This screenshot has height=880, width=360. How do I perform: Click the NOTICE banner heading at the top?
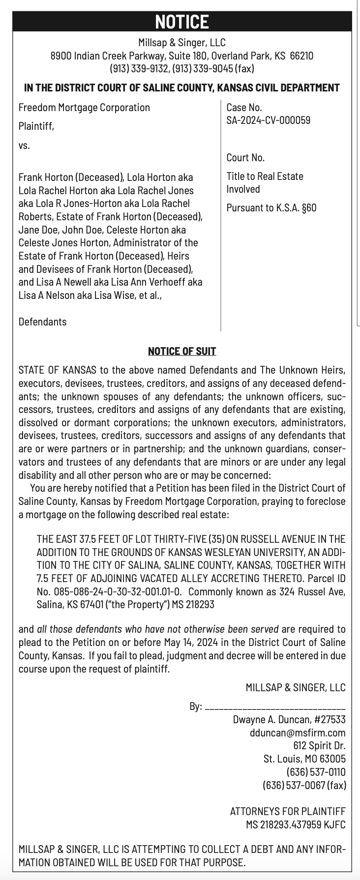(182, 22)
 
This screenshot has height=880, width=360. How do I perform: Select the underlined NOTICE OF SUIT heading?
(182, 351)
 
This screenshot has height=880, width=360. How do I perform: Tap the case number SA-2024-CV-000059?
(268, 120)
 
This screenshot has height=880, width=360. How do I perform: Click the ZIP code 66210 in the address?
(301, 56)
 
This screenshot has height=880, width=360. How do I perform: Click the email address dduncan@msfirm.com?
(298, 733)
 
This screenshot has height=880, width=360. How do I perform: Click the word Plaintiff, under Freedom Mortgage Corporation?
(36, 126)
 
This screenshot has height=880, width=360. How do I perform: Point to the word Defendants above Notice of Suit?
(42, 322)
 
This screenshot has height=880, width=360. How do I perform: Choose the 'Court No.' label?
(245, 157)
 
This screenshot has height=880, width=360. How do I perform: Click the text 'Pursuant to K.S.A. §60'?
(271, 207)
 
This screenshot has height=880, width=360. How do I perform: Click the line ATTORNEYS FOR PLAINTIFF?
(288, 811)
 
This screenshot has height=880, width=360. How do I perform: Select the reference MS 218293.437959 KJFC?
(296, 824)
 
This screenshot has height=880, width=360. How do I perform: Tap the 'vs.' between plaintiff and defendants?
(24, 146)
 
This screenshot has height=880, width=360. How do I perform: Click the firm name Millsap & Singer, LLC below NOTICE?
(182, 43)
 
